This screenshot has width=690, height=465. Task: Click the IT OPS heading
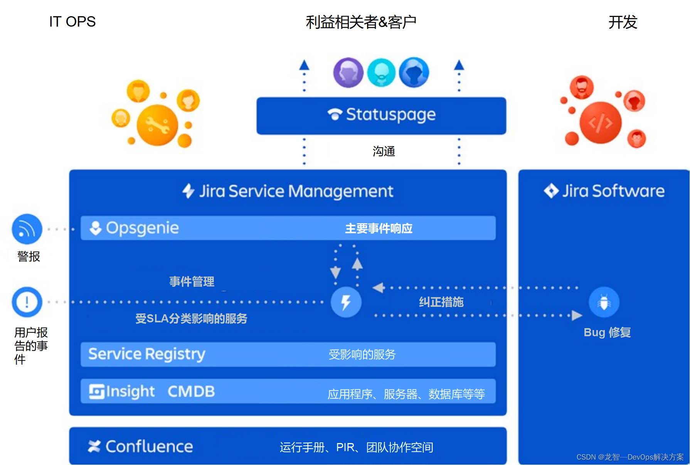(x=72, y=22)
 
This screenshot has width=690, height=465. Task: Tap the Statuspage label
(x=390, y=115)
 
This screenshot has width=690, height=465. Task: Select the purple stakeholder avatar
(x=348, y=72)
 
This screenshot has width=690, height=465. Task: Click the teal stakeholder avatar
(x=381, y=72)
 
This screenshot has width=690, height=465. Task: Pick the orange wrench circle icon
(x=158, y=125)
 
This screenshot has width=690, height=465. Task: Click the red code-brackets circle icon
(x=600, y=123)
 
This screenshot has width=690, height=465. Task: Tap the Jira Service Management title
(x=296, y=191)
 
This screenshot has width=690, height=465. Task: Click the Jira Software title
(x=613, y=191)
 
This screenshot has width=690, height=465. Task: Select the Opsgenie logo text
(x=142, y=228)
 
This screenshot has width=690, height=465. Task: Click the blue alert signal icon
(x=27, y=229)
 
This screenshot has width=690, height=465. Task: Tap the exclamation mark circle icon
(x=27, y=302)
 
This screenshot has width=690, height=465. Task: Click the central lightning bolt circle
(x=346, y=302)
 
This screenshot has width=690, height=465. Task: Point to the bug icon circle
(x=604, y=302)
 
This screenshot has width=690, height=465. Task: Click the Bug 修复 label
(x=607, y=332)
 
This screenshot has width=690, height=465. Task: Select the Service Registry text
(x=146, y=354)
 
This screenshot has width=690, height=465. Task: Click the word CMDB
(x=191, y=392)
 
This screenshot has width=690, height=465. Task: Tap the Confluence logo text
(x=149, y=446)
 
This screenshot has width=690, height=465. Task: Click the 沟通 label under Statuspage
(x=384, y=152)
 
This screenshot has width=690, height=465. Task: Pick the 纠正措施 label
(x=441, y=302)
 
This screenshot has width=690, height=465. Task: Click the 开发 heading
(x=623, y=22)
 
